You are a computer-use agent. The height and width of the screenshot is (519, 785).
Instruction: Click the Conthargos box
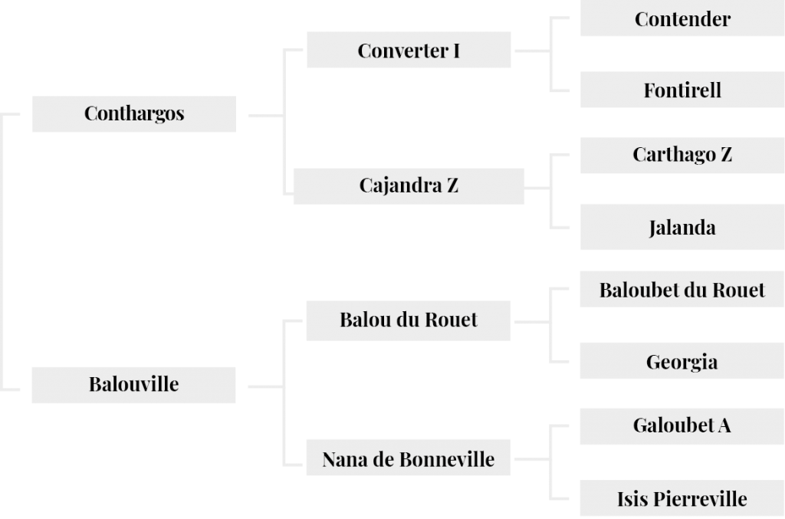tap(134, 114)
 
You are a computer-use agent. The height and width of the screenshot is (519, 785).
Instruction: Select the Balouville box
tap(133, 385)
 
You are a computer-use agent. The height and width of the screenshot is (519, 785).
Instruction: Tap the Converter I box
tap(409, 50)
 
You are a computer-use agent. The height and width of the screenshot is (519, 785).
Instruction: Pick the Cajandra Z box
tap(409, 186)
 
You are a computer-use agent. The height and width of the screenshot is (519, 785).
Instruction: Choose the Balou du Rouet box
tap(409, 320)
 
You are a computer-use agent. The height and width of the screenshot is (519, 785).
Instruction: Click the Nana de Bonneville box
tap(409, 458)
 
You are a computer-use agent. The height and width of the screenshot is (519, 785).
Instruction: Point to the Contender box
tap(682, 18)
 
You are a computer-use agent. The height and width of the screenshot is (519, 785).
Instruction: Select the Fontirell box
tap(682, 90)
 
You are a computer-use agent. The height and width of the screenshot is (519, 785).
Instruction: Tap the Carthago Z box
tap(682, 156)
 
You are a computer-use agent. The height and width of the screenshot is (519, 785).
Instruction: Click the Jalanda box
tap(682, 227)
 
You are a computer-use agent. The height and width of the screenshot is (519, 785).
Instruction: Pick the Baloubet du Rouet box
tap(682, 289)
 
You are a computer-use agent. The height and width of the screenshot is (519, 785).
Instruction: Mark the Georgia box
tap(682, 361)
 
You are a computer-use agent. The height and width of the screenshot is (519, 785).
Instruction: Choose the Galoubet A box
tap(682, 426)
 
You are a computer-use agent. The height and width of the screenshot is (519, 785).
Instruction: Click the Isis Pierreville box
tap(682, 498)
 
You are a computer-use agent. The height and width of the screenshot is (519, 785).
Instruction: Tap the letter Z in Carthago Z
tap(727, 154)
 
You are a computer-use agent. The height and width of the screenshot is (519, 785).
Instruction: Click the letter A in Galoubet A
tap(725, 425)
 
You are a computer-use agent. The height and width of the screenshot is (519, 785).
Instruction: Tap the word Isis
tap(632, 499)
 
